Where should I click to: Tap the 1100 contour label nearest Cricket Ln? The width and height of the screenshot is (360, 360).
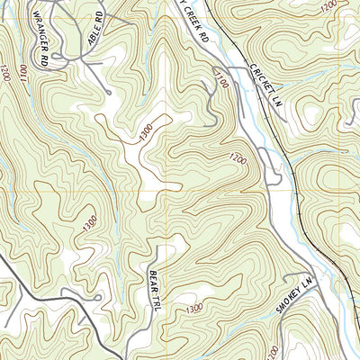click(221, 85)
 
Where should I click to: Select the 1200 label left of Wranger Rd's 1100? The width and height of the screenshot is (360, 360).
click(8, 72)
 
